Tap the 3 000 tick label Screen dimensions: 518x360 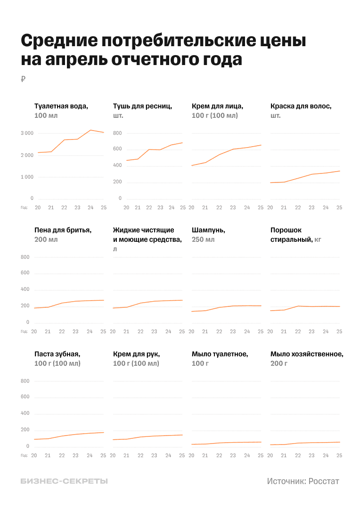pyautogui.click(x=27, y=133)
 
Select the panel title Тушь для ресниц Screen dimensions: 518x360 pyautogui.click(x=142, y=106)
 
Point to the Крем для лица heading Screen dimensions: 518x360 pyautogui.click(x=217, y=106)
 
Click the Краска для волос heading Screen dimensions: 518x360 pyautogui.click(x=301, y=106)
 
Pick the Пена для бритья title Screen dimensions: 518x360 pyautogui.click(x=63, y=230)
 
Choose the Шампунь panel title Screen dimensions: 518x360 pyautogui.click(x=208, y=230)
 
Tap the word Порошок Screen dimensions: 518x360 pyautogui.click(x=286, y=230)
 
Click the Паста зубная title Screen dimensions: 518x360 pyautogui.click(x=57, y=354)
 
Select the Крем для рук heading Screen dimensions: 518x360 pyautogui.click(x=137, y=354)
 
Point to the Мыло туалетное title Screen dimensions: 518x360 pyautogui.click(x=220, y=354)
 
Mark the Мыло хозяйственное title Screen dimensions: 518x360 pyautogui.click(x=307, y=354)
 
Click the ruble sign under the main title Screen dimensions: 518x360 pyautogui.click(x=23, y=79)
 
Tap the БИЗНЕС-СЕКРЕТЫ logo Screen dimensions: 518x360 pyautogui.click(x=64, y=481)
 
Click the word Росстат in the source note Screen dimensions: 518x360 pyautogui.click(x=324, y=481)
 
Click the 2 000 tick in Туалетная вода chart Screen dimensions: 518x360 pyautogui.click(x=27, y=155)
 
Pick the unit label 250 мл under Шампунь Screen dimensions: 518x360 pyautogui.click(x=203, y=239)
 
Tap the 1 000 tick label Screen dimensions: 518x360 pyautogui.click(x=27, y=177)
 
